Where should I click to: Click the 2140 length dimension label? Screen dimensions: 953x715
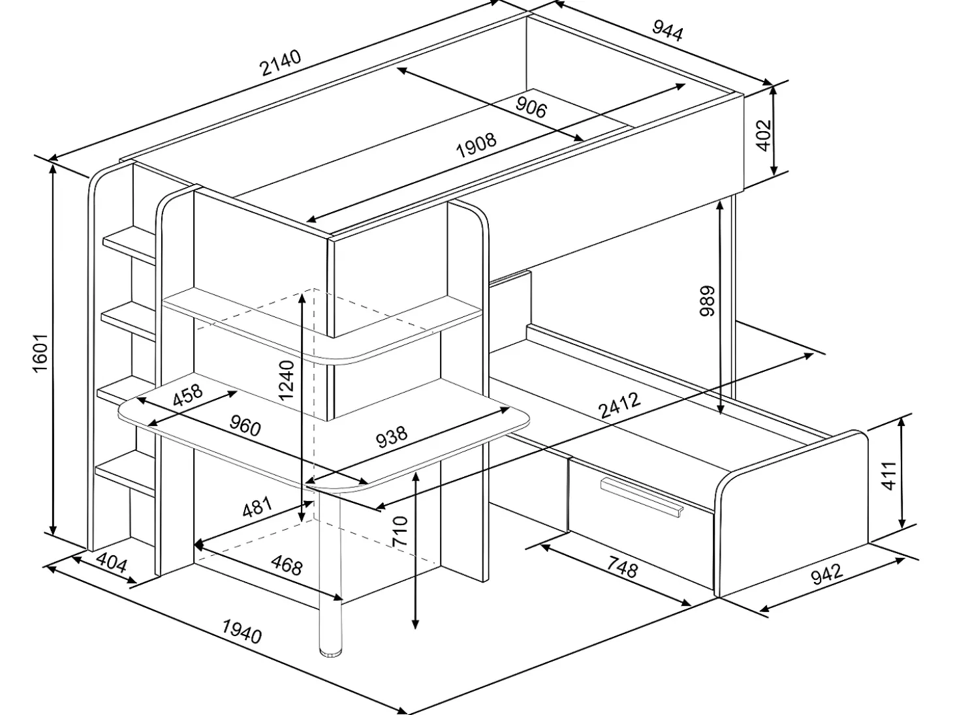tap(280, 63)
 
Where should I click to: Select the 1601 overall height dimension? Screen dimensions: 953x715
tap(40, 353)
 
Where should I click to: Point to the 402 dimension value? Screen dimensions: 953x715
tap(764, 135)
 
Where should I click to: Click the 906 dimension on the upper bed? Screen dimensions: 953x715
tap(531, 107)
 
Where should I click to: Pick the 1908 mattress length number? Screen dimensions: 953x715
tap(476, 145)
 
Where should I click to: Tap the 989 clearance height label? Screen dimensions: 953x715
tap(708, 301)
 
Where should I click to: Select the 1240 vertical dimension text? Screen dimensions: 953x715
tap(287, 380)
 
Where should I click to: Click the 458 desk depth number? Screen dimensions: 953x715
tap(187, 395)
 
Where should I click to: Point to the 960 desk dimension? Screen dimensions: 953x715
tap(245, 425)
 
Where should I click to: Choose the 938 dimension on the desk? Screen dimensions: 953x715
tap(392, 437)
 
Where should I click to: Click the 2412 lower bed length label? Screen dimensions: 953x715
tap(619, 405)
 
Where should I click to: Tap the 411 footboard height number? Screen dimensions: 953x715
tap(890, 476)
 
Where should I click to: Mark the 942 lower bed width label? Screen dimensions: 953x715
tap(827, 574)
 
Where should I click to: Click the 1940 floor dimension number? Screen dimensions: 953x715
tap(242, 631)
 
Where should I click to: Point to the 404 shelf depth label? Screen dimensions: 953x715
tap(112, 563)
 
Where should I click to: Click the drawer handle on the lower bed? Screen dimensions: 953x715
tap(642, 497)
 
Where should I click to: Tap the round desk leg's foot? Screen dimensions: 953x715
tap(332, 652)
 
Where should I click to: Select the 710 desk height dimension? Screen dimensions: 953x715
tap(400, 531)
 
